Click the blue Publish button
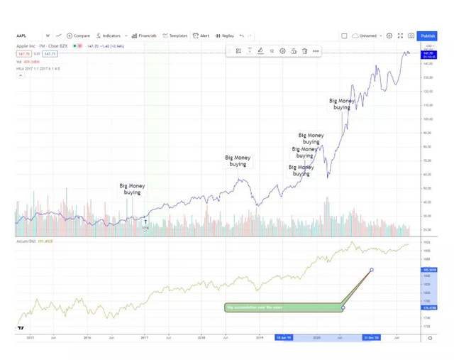(427, 36)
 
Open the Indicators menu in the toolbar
(109, 36)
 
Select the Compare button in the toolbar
(79, 36)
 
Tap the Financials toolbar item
(144, 36)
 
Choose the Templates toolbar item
(175, 36)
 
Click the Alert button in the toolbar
(201, 36)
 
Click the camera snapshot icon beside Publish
(411, 36)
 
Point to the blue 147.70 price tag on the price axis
(428, 53)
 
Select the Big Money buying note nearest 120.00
(341, 104)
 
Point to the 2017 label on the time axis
(145, 337)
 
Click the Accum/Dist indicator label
(28, 241)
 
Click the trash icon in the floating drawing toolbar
(304, 51)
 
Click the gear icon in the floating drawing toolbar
(282, 51)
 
